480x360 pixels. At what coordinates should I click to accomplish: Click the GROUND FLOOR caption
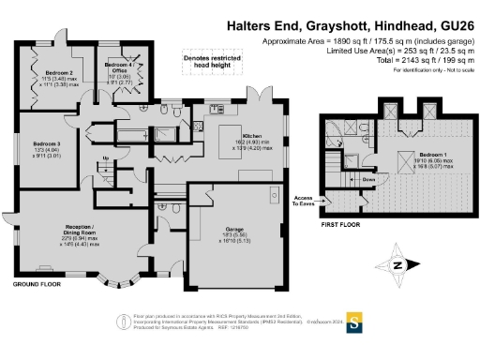[37, 283]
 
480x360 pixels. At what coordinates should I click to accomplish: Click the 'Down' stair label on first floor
[369, 177]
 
